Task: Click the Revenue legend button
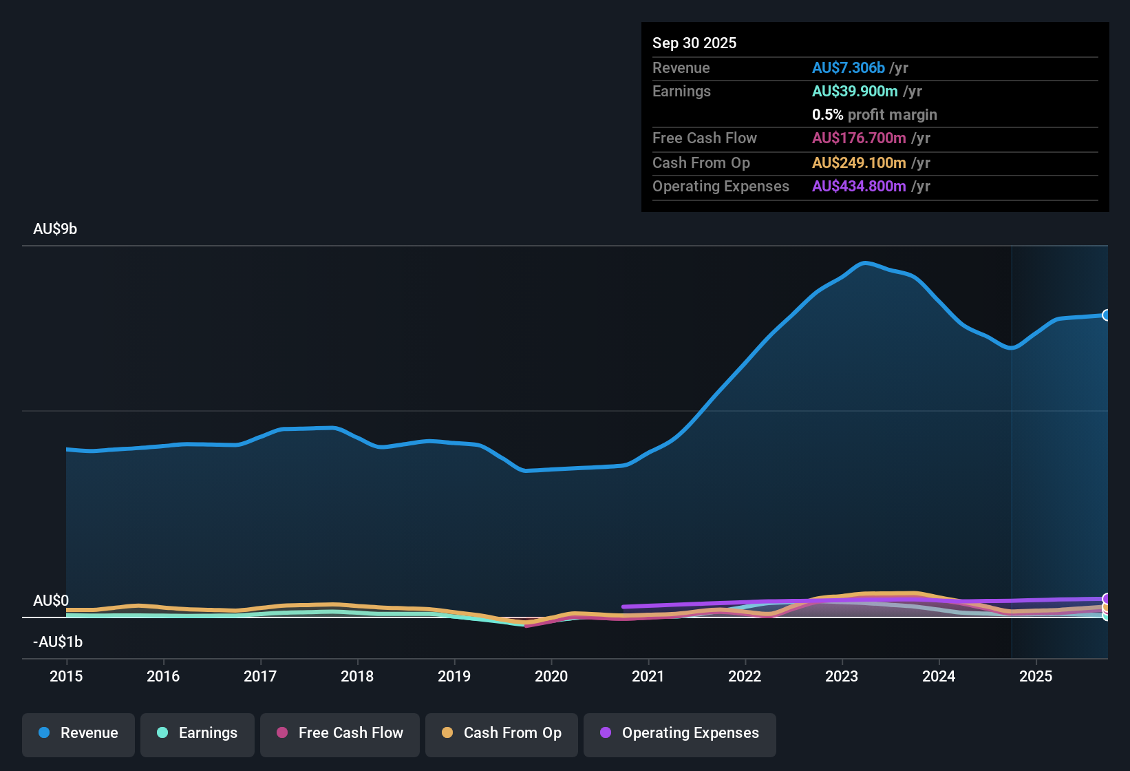coord(78,733)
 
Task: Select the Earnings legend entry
coord(198,733)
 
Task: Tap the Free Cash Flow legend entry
coord(340,733)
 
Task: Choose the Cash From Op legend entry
coord(502,733)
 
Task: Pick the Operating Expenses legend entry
coord(680,733)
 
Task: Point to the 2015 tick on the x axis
coord(66,676)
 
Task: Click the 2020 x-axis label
coord(551,676)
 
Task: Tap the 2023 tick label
coord(842,676)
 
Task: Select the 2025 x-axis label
coord(1036,676)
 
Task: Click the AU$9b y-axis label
coord(55,229)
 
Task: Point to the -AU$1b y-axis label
coord(58,642)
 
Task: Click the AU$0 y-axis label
coord(51,601)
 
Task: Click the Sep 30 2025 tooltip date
coord(694,43)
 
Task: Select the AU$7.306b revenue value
coord(848,67)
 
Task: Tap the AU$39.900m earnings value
coord(855,92)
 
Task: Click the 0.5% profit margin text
coord(874,115)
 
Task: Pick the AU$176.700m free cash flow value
coord(859,138)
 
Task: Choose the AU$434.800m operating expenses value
coord(859,187)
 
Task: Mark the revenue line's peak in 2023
coord(865,263)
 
